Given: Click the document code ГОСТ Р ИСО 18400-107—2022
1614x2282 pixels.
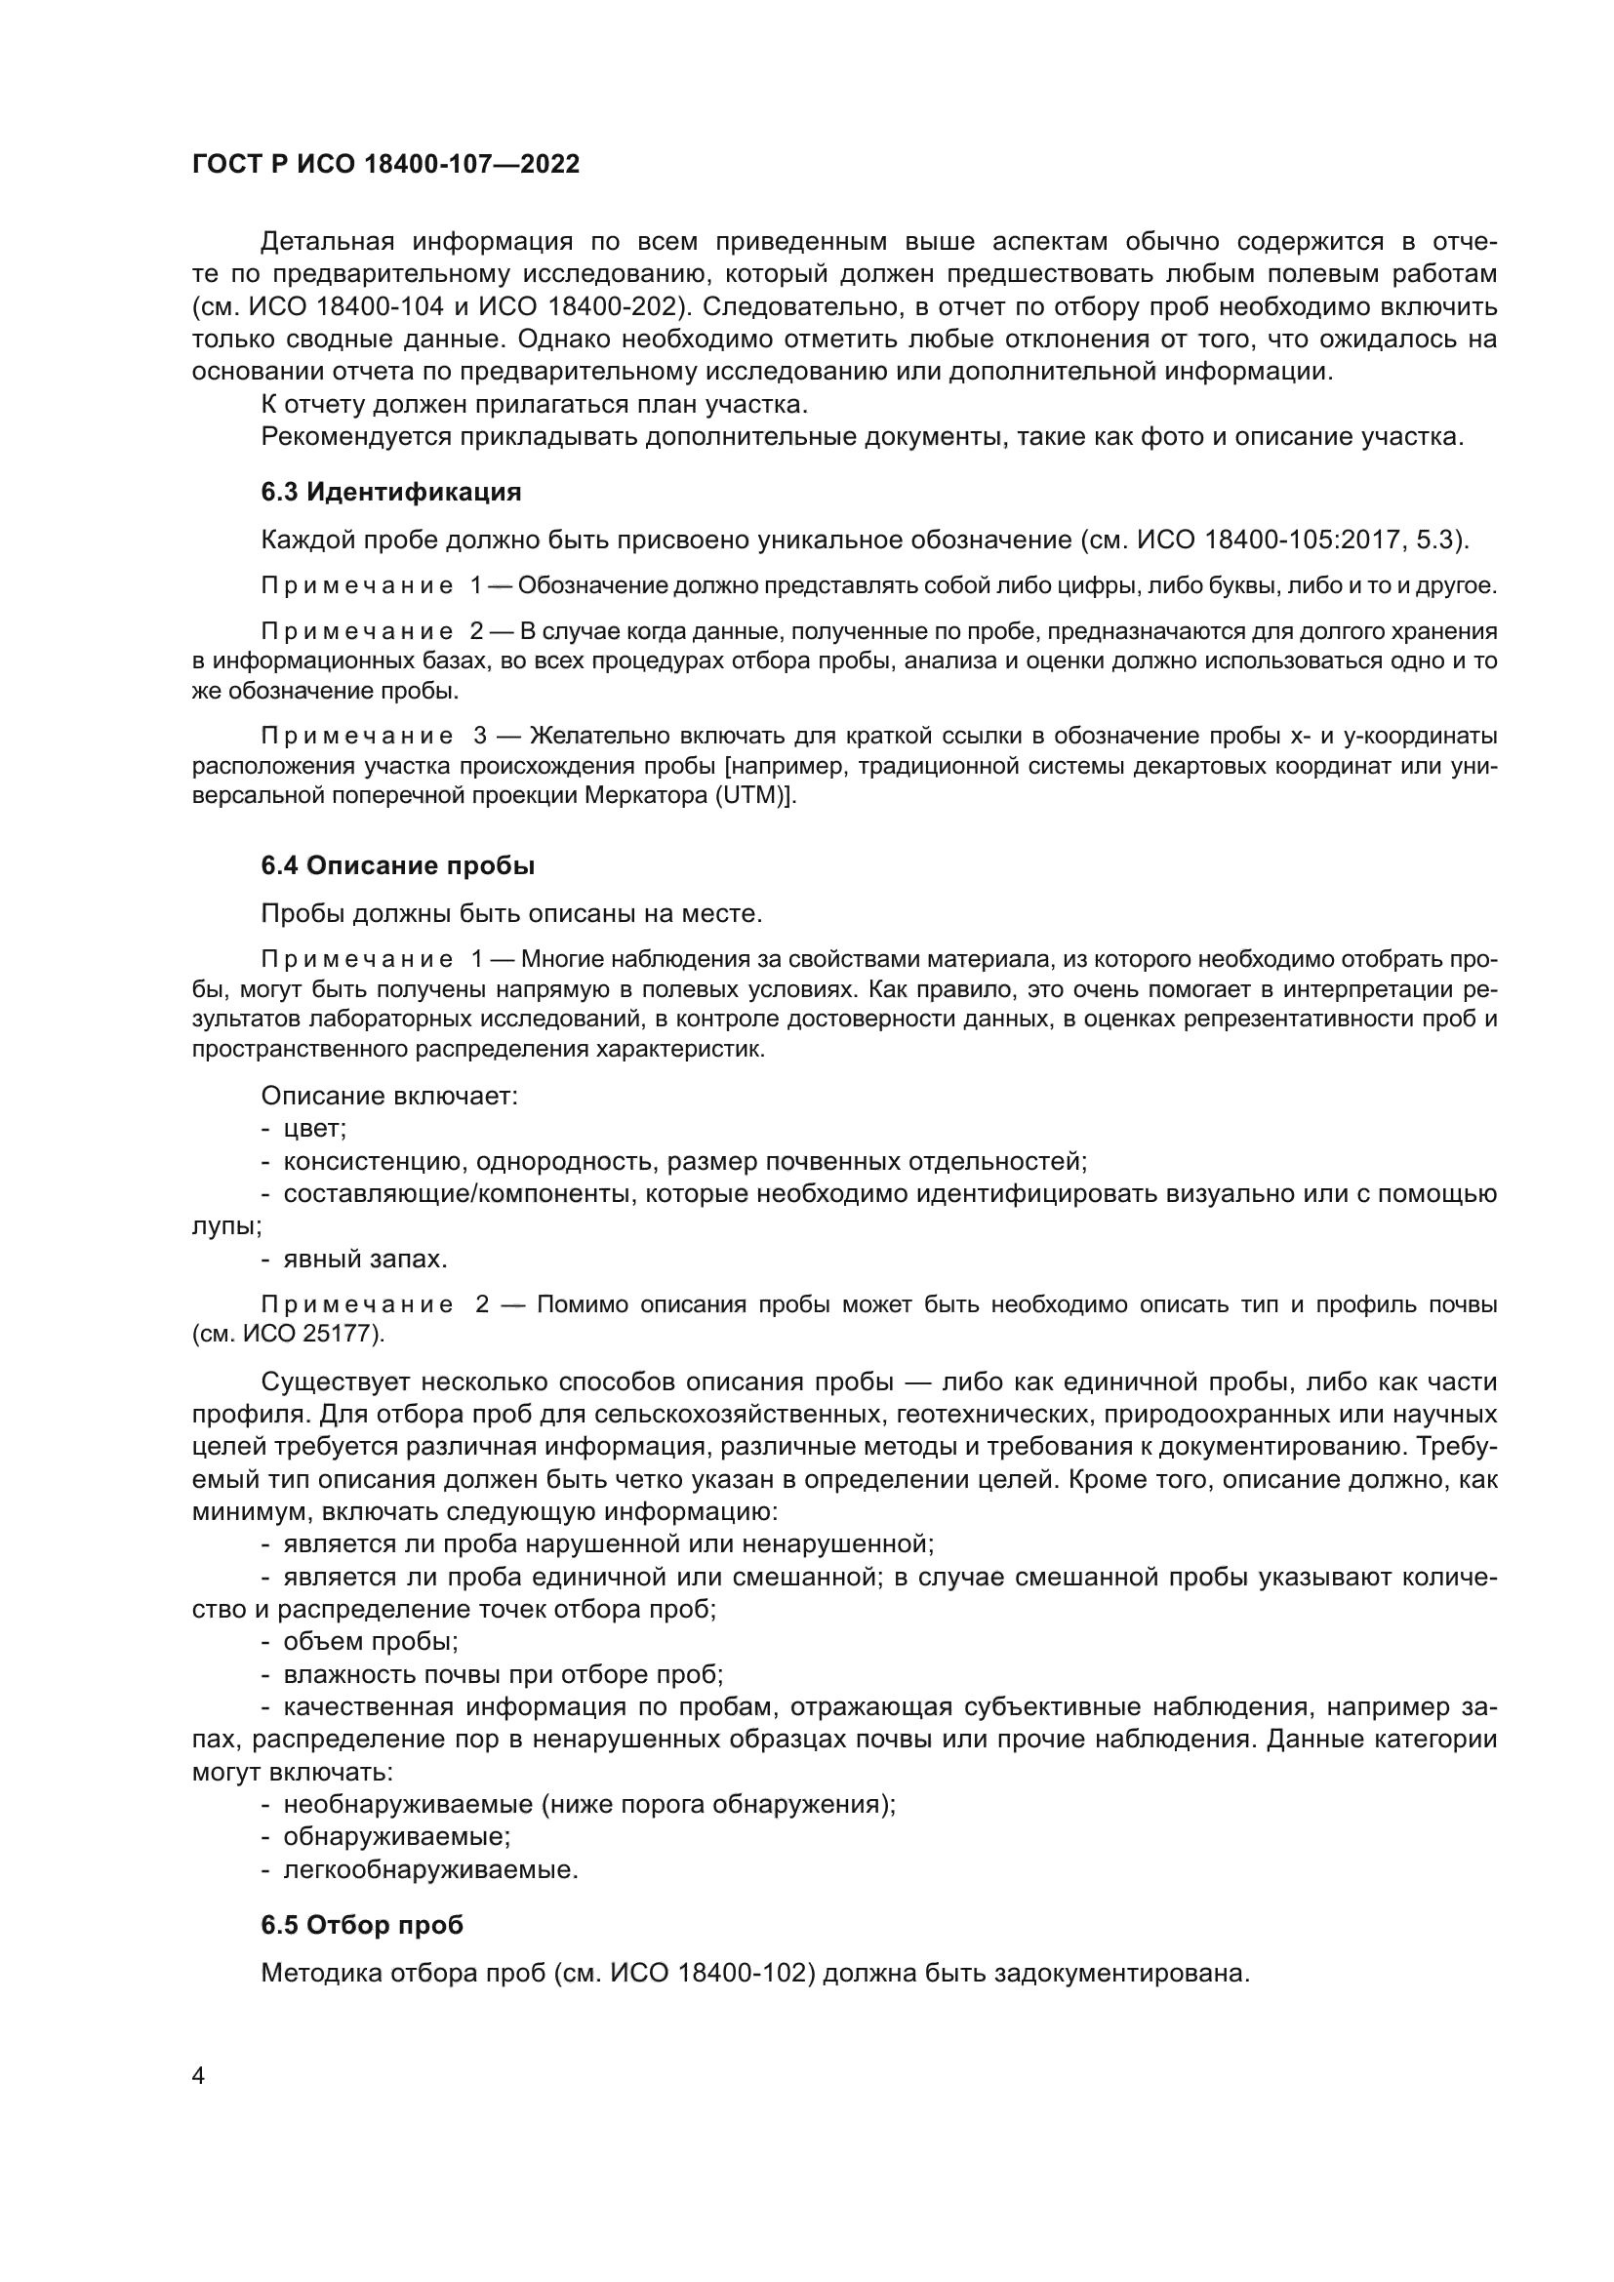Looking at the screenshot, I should tap(385, 165).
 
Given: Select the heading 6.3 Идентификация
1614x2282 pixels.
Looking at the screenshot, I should tap(390, 492).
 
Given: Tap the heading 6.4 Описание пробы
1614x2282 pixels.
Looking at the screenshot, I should tap(397, 865).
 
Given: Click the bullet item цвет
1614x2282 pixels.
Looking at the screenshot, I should tap(314, 1129).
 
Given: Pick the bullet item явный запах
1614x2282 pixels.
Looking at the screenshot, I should tap(365, 1260).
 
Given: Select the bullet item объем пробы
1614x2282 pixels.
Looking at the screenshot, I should tap(370, 1641).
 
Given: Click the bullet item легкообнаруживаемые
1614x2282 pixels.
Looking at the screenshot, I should tap(430, 1869).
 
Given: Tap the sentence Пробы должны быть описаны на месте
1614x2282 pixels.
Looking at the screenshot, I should tap(510, 913).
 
